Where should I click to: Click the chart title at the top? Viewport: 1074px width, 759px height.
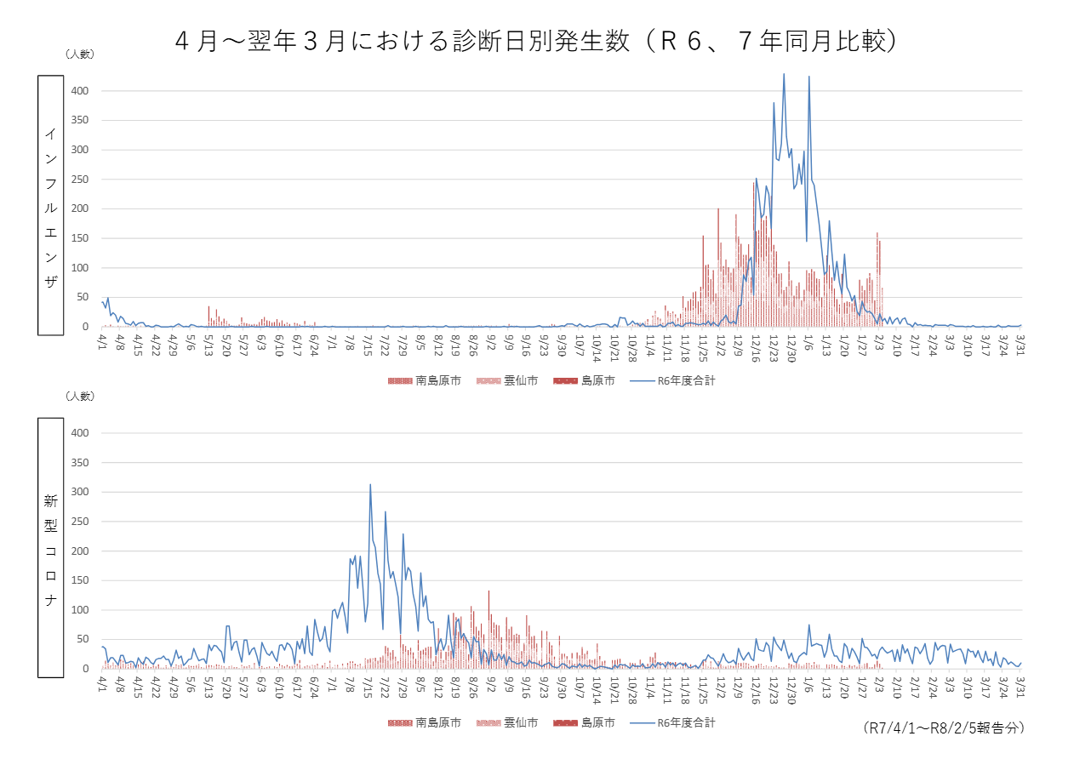point(536,41)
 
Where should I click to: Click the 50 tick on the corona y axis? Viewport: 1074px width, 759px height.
point(83,639)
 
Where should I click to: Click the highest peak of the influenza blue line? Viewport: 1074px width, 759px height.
point(784,74)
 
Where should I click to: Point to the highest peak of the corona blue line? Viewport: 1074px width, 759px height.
point(370,485)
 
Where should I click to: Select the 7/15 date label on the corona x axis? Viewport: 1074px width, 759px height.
point(367,685)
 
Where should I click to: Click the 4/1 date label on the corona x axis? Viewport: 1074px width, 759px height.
point(102,683)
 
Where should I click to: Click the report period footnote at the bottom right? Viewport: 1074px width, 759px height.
point(943,728)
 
